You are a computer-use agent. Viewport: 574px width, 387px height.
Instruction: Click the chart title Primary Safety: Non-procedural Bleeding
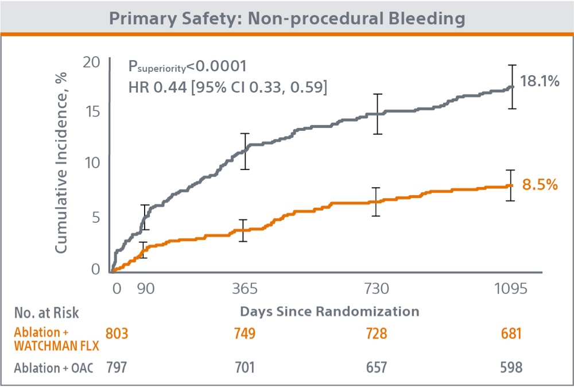(x=286, y=18)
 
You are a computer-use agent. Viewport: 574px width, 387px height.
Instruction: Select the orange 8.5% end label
(x=540, y=184)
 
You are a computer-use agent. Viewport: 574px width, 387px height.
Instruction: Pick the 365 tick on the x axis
(x=245, y=288)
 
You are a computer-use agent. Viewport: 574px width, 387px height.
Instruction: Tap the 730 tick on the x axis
(x=377, y=288)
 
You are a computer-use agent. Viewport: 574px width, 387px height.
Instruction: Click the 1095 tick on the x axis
(x=510, y=288)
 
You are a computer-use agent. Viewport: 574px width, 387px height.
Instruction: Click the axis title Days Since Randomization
(x=329, y=312)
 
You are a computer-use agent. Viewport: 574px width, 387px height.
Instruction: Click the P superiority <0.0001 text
(x=187, y=67)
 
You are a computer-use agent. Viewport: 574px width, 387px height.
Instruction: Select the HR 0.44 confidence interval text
(x=228, y=88)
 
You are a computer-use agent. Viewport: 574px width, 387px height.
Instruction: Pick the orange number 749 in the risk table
(x=245, y=333)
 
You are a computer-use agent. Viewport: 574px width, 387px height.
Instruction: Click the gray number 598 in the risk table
(x=510, y=367)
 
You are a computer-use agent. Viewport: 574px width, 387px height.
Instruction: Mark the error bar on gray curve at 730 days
(x=377, y=114)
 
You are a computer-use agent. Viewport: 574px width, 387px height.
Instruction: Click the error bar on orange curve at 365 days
(x=243, y=230)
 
